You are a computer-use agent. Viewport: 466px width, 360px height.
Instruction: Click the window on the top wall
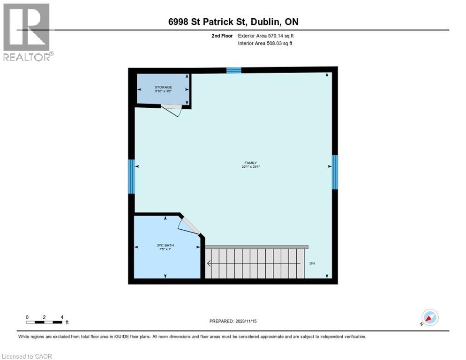[233, 70]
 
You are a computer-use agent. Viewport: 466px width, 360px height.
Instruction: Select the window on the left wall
[132, 177]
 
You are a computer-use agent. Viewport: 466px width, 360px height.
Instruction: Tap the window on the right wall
[335, 172]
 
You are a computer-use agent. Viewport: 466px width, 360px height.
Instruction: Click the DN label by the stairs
[312, 263]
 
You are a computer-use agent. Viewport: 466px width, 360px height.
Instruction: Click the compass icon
[429, 317]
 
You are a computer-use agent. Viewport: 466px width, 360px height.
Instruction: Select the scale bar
[45, 322]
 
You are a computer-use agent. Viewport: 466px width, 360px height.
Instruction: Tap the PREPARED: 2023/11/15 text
[233, 321]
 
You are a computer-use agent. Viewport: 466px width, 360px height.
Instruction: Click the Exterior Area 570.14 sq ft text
[266, 36]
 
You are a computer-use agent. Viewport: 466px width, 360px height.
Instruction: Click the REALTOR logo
[27, 31]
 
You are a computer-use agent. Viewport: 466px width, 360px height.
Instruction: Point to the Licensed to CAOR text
[27, 356]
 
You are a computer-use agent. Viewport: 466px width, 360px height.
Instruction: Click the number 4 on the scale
[61, 317]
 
